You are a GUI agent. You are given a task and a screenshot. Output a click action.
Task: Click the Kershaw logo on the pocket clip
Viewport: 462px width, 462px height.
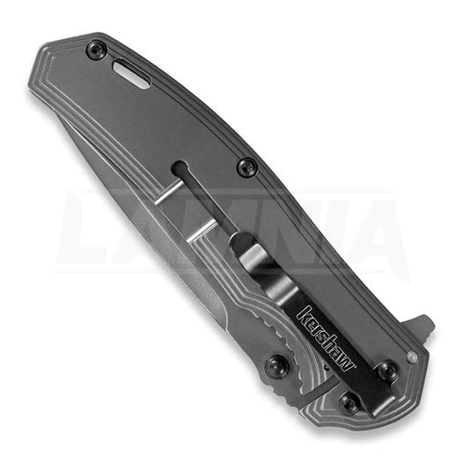click(326, 338)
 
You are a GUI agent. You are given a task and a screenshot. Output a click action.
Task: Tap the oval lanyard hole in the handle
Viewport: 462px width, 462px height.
click(131, 74)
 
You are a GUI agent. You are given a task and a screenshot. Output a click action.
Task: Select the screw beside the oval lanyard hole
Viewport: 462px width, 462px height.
click(96, 49)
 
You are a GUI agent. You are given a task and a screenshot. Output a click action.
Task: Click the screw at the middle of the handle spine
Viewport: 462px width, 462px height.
click(247, 166)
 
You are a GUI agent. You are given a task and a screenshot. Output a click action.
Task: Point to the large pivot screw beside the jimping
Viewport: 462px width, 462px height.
click(276, 366)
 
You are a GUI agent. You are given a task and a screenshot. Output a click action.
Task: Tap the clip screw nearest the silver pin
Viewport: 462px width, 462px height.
click(388, 370)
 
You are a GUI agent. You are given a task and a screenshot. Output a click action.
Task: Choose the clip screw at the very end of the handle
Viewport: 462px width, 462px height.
click(349, 401)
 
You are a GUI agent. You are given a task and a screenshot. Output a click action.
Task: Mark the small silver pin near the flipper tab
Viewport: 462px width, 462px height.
click(412, 356)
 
